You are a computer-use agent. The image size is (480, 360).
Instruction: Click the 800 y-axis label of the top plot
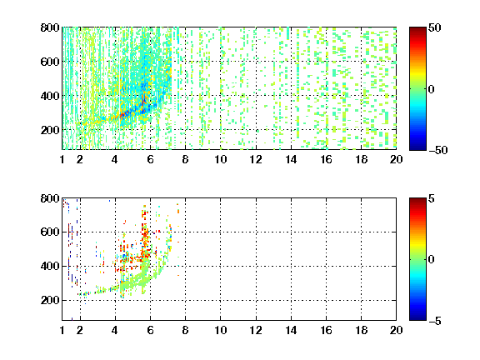click(50, 27)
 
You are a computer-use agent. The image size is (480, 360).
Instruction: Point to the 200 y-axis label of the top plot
click(50, 130)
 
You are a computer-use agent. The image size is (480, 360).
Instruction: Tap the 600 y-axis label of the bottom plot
click(50, 232)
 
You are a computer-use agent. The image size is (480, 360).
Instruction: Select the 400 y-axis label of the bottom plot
click(50, 266)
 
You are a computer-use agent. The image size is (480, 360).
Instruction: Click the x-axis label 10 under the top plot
click(220, 159)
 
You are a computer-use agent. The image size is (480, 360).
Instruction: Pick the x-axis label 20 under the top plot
click(396, 159)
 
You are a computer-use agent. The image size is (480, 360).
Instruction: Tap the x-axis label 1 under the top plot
click(62, 159)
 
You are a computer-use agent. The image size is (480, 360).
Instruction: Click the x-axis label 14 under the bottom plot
click(291, 330)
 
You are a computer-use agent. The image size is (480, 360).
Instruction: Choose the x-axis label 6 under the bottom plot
click(150, 330)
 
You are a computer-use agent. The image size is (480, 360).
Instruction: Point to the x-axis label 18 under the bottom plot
click(361, 330)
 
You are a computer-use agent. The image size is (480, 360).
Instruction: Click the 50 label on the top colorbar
click(434, 27)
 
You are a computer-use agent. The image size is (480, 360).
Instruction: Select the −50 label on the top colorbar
click(438, 150)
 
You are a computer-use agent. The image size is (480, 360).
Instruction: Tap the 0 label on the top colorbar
click(431, 89)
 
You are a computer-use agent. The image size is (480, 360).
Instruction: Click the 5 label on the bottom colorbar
click(432, 198)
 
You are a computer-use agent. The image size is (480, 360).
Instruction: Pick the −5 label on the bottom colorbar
click(435, 321)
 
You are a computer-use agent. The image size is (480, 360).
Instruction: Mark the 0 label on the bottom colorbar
click(431, 260)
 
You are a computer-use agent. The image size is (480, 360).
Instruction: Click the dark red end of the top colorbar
click(417, 29)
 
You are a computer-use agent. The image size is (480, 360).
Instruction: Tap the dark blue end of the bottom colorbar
click(417, 318)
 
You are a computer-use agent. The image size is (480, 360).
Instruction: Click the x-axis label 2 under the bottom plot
click(80, 330)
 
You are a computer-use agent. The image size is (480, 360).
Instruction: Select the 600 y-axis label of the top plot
click(50, 62)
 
